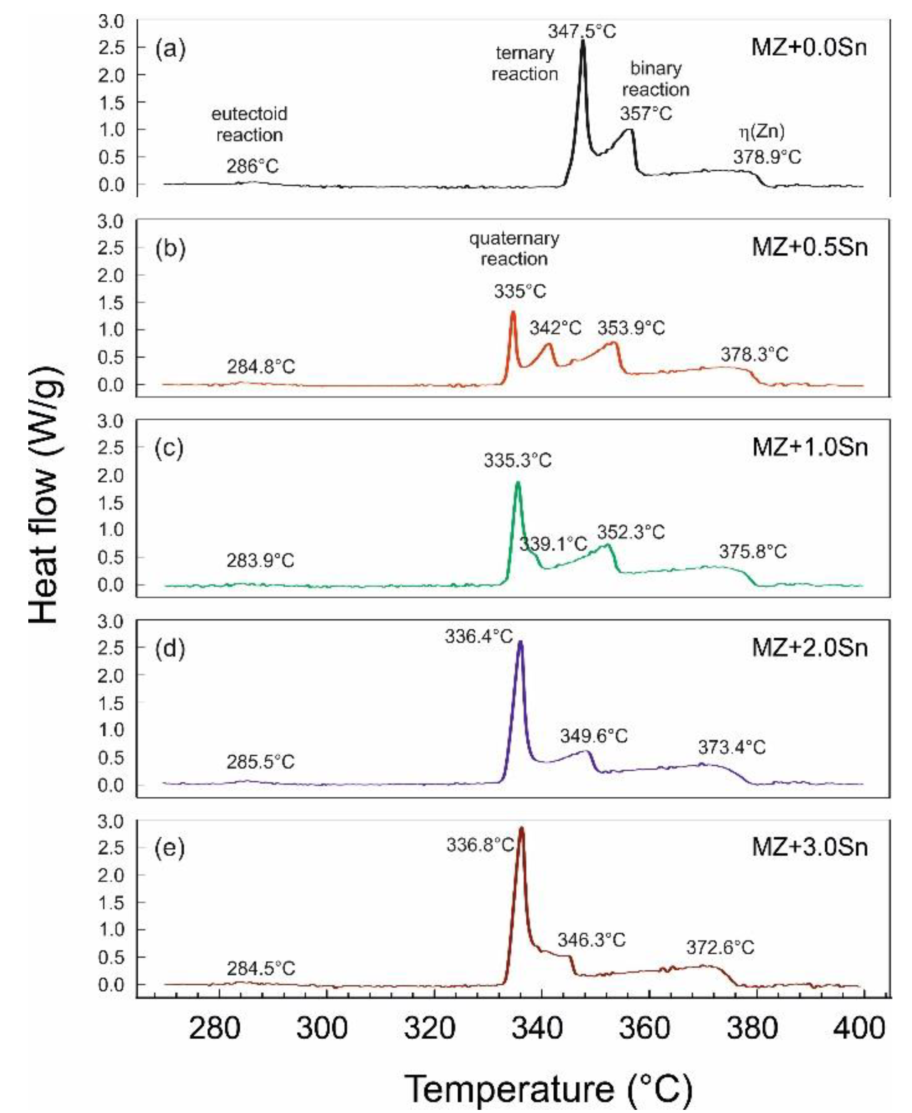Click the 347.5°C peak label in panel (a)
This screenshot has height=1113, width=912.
pos(582,31)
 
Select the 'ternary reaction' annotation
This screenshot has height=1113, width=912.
pos(525,63)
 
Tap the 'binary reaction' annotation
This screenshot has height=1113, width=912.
pos(655,79)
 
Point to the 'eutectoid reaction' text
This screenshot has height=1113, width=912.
pos(250,125)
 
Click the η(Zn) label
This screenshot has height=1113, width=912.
pos(762,131)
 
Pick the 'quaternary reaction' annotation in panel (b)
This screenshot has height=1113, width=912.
pos(514,248)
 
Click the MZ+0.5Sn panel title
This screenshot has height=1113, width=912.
pos(810,247)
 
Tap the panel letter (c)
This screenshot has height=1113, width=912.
pos(169,448)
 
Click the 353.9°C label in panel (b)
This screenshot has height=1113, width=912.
pos(631,328)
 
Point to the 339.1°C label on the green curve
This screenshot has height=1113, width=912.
pos(553,543)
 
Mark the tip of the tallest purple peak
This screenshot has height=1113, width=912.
pos(520,643)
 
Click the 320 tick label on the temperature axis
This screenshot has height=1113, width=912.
pos(429,1029)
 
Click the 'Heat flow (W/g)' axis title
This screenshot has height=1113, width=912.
pos(45,494)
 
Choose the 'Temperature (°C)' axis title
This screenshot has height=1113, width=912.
pos(548,1089)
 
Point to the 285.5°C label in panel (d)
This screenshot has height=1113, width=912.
pos(261,762)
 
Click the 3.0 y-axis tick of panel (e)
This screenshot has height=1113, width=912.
pos(111,821)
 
